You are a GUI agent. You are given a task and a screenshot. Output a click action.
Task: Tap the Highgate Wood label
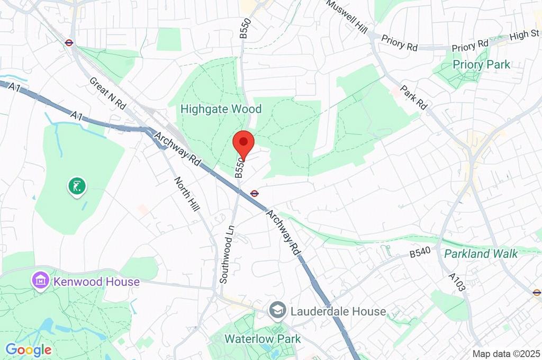221,109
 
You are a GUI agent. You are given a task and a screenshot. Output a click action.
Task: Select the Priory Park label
481,65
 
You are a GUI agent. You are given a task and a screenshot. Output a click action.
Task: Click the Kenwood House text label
96,282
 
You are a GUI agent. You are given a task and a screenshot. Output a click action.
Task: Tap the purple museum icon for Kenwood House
41,281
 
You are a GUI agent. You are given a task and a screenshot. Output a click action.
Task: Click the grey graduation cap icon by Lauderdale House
277,311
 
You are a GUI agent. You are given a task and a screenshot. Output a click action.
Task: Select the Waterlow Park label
263,339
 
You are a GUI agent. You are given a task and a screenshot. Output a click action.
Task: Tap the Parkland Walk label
481,254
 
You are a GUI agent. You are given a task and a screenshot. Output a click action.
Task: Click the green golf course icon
77,186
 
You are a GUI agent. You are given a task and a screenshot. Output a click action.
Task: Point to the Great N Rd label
107,94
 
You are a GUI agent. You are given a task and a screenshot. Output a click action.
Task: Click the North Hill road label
187,195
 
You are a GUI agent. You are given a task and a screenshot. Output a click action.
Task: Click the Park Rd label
413,97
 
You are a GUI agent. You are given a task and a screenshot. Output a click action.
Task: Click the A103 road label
457,282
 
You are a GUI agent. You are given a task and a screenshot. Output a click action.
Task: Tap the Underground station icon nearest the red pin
255,193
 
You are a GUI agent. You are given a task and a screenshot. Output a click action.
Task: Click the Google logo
29,349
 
